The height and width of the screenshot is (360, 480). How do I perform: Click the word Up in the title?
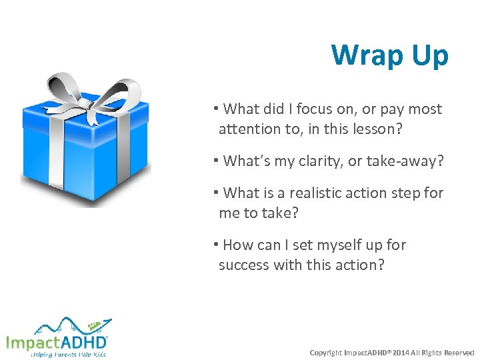pos(431,55)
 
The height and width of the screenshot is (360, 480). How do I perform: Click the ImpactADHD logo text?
pos(56,342)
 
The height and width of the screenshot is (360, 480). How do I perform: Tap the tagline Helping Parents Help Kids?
pos(68,354)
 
